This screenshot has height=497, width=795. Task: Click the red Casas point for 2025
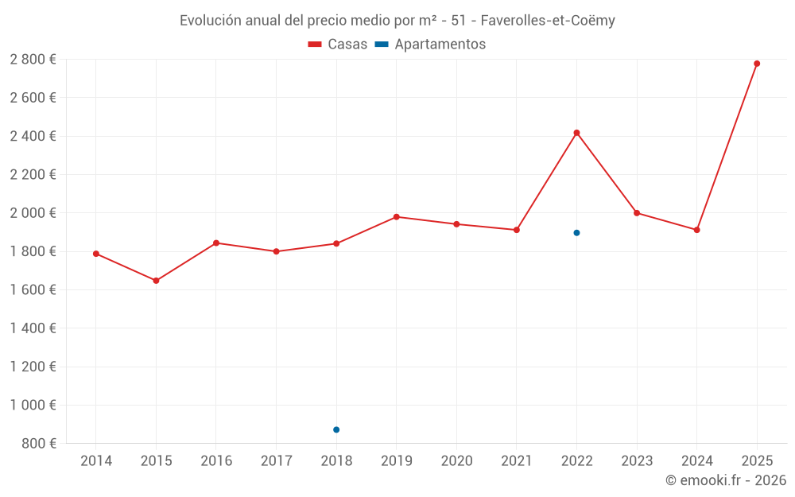[757, 64]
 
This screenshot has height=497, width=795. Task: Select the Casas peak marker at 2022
[576, 133]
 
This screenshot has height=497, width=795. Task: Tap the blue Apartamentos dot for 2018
[336, 429]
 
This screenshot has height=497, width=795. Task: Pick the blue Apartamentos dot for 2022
[576, 233]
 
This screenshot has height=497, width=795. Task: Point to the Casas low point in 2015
[156, 281]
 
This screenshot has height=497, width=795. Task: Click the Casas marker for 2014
[96, 254]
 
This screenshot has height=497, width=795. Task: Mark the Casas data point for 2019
[397, 216]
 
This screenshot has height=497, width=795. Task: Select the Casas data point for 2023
[637, 213]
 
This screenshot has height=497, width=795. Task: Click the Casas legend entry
[338, 45]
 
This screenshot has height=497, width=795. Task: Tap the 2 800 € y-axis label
[33, 60]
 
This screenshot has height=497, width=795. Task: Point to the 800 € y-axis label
[38, 444]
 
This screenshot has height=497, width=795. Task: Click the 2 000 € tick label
[33, 213]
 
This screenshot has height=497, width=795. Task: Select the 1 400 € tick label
[33, 328]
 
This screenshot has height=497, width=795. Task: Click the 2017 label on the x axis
[276, 461]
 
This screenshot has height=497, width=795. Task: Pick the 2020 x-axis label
[456, 461]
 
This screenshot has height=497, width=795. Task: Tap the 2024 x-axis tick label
[696, 461]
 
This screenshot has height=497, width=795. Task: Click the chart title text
[397, 21]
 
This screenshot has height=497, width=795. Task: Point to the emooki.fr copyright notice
[725, 480]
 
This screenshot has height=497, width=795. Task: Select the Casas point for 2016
[216, 243]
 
